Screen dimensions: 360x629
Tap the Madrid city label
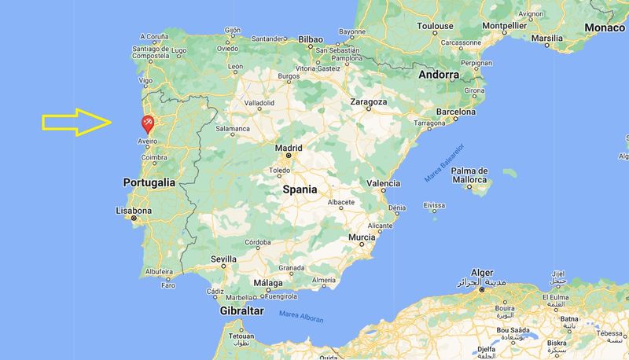[289, 148]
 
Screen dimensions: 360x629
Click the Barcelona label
[456, 112]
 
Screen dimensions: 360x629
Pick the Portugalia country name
[149, 182]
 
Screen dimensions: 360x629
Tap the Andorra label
[439, 75]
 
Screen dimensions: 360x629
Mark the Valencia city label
[384, 183]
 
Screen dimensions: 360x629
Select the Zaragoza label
[368, 102]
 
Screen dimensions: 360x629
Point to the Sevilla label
[223, 259]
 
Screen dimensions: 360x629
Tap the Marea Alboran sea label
[301, 318]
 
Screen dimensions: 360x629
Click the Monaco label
[605, 28]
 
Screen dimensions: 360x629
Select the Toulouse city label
[435, 26]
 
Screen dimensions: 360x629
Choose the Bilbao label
[311, 38]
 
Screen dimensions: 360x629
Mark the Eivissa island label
[434, 205]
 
